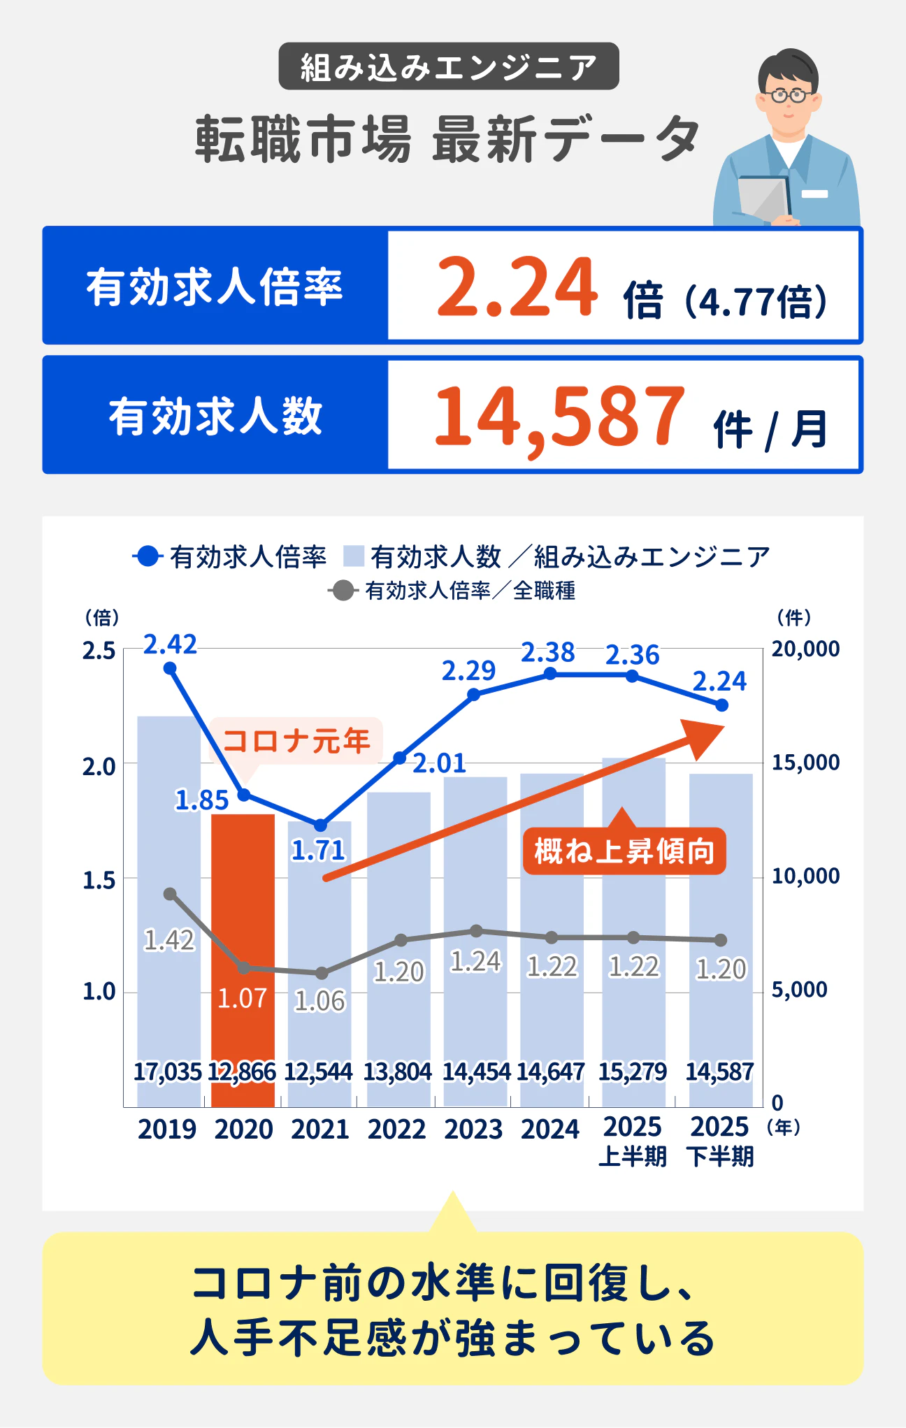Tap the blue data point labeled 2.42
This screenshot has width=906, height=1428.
point(170,668)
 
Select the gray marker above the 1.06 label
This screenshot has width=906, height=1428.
point(322,973)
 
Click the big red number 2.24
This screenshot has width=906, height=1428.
point(517,287)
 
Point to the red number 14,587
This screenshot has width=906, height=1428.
point(559,417)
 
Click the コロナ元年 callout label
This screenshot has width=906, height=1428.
point(296,740)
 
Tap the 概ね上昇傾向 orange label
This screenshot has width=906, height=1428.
point(624,851)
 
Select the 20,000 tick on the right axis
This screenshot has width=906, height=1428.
point(805,649)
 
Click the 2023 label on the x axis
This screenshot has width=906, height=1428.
point(473,1130)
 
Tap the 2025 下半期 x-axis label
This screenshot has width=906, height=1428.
point(720,1142)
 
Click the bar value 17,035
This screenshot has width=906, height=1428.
point(167,1072)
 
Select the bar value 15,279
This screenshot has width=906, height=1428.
point(632,1072)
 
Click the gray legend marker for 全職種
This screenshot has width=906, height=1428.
point(343,591)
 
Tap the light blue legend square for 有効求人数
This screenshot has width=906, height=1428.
point(354,556)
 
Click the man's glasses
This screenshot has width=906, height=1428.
point(789,95)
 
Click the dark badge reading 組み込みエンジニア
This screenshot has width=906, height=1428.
point(448,66)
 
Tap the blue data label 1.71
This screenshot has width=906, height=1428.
point(318,851)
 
